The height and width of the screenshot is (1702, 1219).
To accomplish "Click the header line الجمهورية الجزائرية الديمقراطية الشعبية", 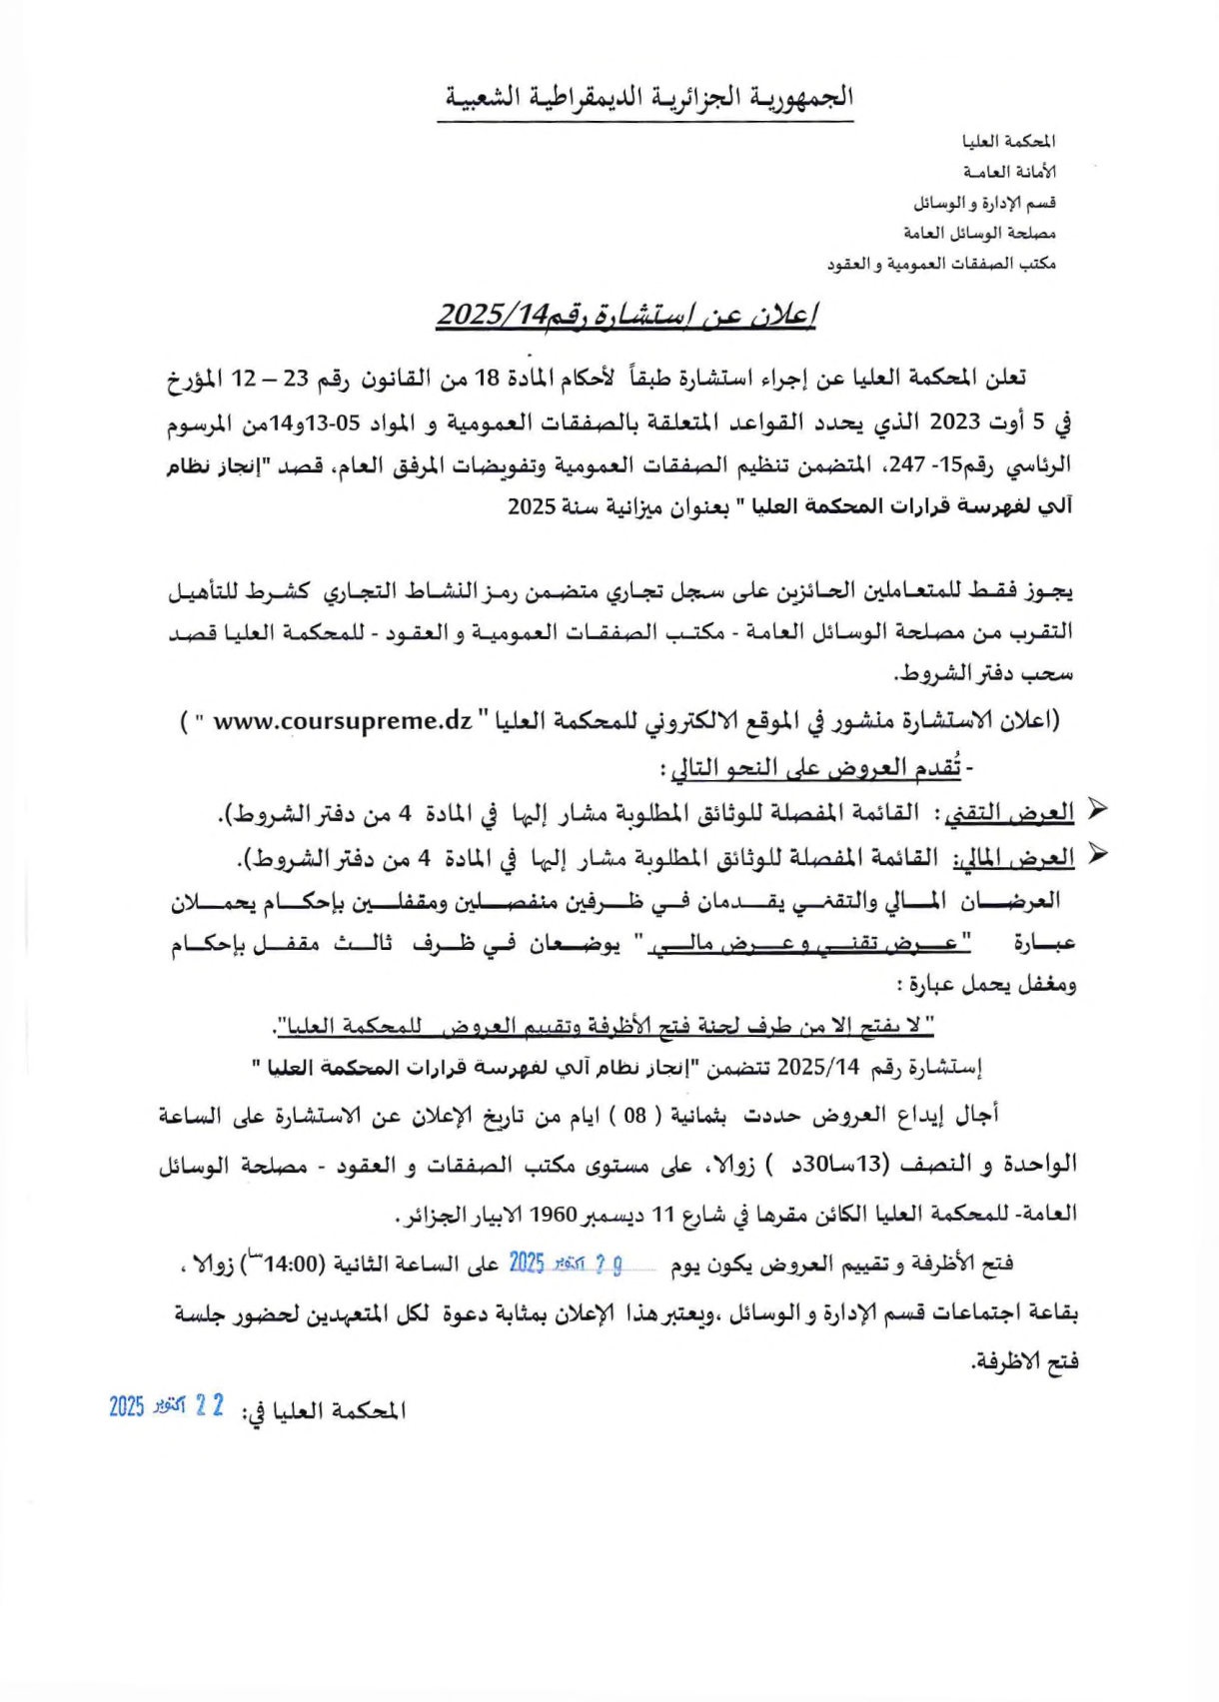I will pos(645,97).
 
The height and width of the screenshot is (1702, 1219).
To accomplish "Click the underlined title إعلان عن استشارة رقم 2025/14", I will pos(626,315).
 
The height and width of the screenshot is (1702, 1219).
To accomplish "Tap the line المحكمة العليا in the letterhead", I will pos(1008,142).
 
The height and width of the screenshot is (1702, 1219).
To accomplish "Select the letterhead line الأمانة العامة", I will pos(1008,172).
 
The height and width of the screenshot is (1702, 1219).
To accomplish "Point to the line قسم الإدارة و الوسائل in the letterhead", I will pos(984,203).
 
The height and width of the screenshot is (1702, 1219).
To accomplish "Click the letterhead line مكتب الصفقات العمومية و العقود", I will pos(941,264).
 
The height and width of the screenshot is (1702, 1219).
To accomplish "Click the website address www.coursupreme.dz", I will pos(342,720).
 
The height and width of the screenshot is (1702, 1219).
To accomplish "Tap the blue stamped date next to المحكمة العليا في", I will pos(167,1406).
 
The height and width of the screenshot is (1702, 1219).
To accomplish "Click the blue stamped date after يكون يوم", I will pos(566,1264).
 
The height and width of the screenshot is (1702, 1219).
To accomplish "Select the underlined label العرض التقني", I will pos(1009,813).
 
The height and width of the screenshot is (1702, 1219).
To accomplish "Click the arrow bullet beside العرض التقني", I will pos(1096,810).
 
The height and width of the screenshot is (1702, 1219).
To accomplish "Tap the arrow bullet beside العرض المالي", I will pos(1096,854).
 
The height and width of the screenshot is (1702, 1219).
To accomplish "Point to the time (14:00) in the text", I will pos(284,1264).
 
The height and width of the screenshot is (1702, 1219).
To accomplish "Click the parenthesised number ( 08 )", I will pos(635,1116).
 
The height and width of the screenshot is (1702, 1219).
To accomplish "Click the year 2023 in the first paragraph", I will pos(955,422).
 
